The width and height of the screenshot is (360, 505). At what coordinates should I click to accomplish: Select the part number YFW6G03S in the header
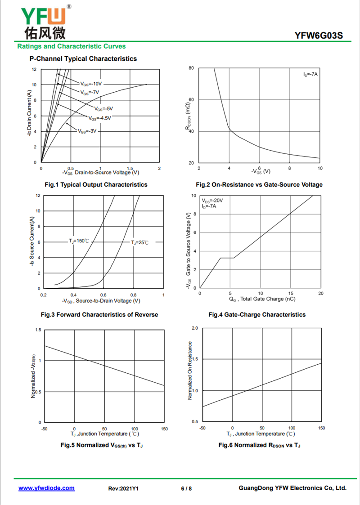[x=319, y=36]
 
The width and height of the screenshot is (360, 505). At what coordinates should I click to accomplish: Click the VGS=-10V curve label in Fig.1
[x=91, y=84]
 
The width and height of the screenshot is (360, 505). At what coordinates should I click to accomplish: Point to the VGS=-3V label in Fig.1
[x=87, y=131]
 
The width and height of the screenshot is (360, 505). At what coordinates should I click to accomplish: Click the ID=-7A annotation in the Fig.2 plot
[x=310, y=75]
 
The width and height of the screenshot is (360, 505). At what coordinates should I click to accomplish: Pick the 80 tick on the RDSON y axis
[x=191, y=68]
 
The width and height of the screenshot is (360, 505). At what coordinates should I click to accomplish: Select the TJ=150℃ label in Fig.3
[x=79, y=241]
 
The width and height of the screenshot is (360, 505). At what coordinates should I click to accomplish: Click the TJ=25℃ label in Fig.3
[x=139, y=242]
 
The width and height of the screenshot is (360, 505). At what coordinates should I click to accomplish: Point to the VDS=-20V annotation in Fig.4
[x=212, y=201]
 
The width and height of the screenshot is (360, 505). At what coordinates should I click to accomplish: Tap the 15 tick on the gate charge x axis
[x=291, y=293]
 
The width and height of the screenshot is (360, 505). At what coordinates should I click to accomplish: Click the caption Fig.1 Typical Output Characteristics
[x=96, y=184]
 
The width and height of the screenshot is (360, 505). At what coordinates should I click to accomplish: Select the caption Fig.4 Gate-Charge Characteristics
[x=257, y=314]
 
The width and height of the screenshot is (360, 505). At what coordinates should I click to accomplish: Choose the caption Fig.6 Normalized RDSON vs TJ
[x=260, y=445]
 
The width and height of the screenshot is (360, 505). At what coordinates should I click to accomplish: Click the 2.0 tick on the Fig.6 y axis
[x=195, y=328]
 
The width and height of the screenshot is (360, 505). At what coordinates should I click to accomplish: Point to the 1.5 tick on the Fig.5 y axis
[x=38, y=330]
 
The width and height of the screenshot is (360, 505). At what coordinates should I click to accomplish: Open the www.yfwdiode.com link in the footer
[x=46, y=488]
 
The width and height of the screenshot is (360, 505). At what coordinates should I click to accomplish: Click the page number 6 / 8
[x=186, y=488]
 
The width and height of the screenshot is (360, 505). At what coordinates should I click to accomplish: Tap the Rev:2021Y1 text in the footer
[x=123, y=488]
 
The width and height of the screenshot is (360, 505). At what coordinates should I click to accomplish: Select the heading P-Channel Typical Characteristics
[x=83, y=58]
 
